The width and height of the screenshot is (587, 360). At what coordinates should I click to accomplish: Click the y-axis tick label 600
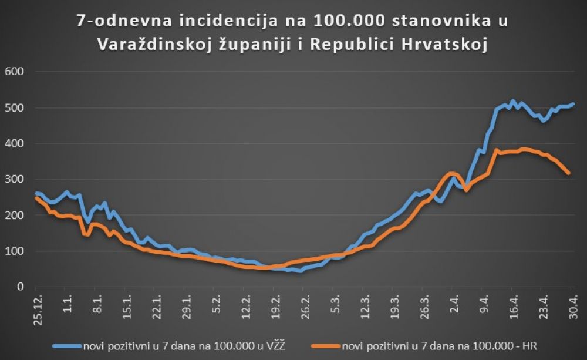pos(14,72)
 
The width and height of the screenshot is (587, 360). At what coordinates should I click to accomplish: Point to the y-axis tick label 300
pos(14,179)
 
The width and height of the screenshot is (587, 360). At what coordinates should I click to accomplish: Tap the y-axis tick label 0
pos(19,287)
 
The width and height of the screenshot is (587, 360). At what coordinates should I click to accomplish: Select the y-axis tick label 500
pos(14,107)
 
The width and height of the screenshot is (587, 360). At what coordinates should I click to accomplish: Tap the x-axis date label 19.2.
pos(274,306)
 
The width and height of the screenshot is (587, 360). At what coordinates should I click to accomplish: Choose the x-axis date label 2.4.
pos(453,304)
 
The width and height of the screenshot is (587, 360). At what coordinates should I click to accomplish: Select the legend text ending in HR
pos(436,345)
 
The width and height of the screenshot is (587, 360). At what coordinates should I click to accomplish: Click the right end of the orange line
pos(568,173)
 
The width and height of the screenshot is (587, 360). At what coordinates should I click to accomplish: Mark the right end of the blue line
pos(573,104)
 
